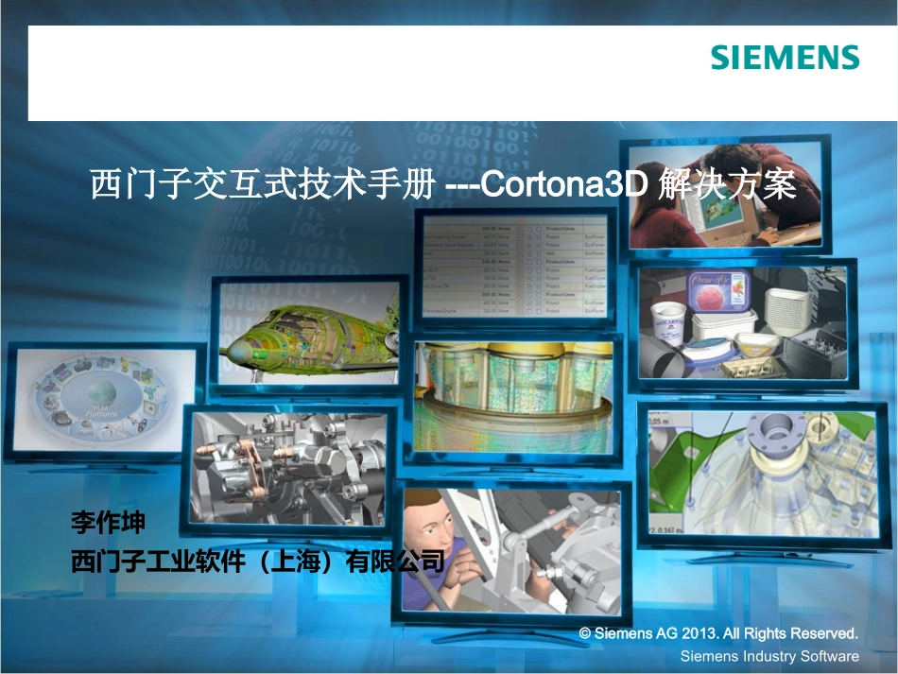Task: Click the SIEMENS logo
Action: point(786,58)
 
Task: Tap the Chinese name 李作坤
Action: point(109,522)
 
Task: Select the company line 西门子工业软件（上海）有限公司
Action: point(257,562)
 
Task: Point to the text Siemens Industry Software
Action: point(769,656)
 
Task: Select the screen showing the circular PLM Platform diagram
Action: point(105,402)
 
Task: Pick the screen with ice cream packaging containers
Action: point(747,322)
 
